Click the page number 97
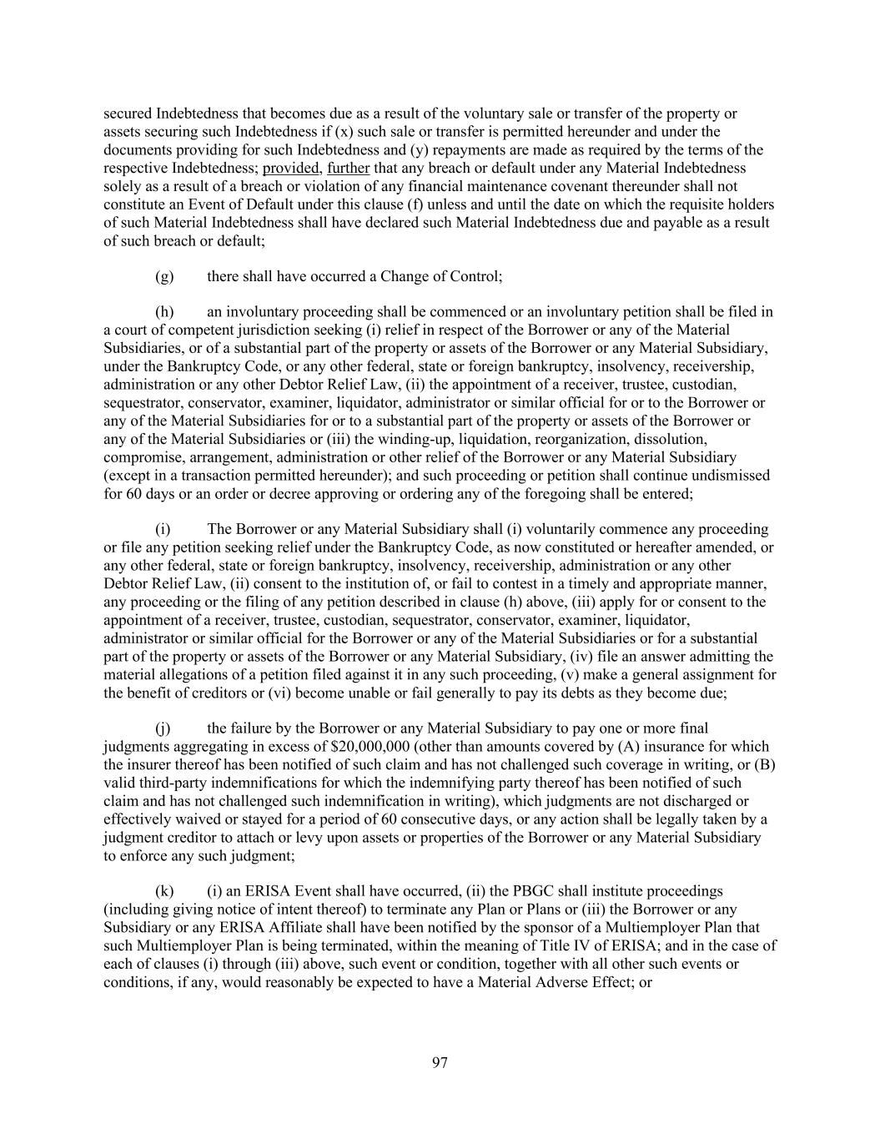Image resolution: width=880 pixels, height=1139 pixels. pyautogui.click(x=440, y=1062)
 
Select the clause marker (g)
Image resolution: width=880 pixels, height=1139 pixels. pyautogui.click(x=164, y=275)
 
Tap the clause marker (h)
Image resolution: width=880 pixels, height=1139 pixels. pyautogui.click(x=164, y=312)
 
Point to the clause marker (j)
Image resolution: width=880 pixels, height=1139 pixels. pyautogui.click(x=163, y=728)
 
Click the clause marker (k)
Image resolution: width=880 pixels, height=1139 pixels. pyautogui.click(x=164, y=891)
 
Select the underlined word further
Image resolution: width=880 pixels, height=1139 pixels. pyautogui.click(x=349, y=168)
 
